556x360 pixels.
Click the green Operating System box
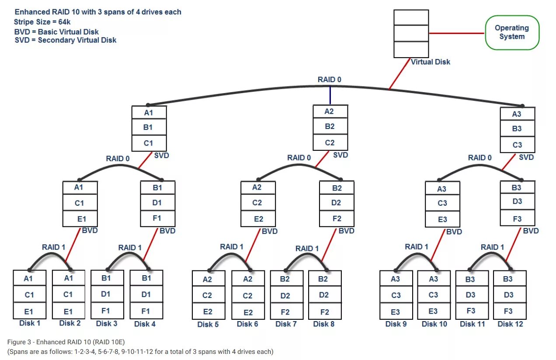coord(512,32)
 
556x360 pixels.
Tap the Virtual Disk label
coord(430,62)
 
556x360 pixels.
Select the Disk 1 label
coord(30,323)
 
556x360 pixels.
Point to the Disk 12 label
coord(510,324)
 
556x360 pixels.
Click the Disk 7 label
coord(286,324)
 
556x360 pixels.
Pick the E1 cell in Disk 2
coord(68,312)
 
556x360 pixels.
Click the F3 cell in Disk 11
coord(470,311)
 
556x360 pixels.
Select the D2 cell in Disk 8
coord(324,295)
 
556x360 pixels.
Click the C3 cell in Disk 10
coord(433,295)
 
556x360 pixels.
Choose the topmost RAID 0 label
coord(329,80)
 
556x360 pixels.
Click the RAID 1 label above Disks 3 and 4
coord(130,248)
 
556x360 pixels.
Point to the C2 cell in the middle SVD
coord(330,142)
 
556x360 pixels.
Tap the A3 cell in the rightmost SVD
coord(517,114)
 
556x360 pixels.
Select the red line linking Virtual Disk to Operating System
coord(456,33)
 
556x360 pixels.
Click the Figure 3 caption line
coord(66,342)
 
